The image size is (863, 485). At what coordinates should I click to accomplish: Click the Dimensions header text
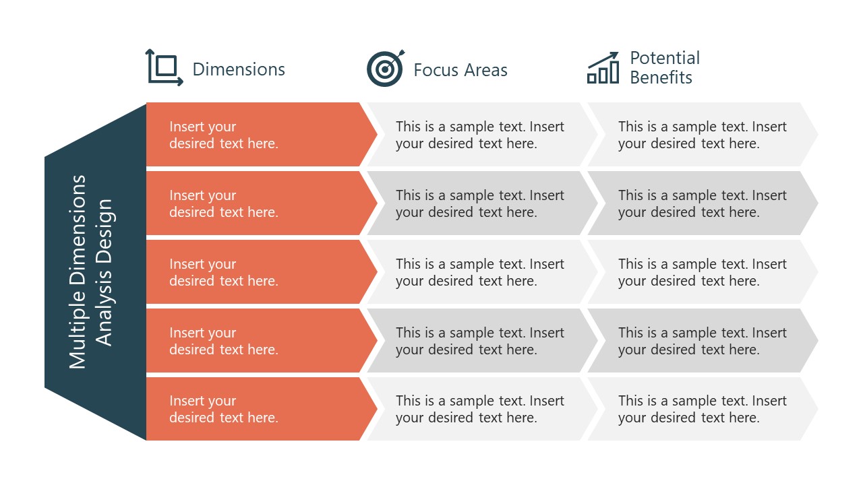(x=239, y=69)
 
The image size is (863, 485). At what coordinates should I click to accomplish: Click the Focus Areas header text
(x=460, y=70)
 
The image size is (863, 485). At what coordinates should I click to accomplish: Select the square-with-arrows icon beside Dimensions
(x=165, y=67)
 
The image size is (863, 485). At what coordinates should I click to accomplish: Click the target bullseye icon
(x=385, y=69)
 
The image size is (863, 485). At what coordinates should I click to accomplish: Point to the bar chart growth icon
(x=603, y=68)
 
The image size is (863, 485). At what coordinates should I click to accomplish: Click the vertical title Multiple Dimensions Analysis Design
(x=92, y=271)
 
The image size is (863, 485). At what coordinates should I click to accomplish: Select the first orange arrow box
(x=256, y=135)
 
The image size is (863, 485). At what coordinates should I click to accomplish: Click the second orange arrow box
(x=256, y=203)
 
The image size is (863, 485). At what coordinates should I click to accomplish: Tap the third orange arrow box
(x=256, y=272)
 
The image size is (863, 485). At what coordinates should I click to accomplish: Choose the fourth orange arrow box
(x=256, y=341)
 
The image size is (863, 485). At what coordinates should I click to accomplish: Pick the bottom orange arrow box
(x=256, y=409)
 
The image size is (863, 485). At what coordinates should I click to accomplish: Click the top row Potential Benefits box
(x=702, y=135)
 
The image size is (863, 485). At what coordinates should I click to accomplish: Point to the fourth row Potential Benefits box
(x=702, y=341)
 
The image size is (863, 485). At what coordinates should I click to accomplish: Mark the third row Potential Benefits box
(x=702, y=272)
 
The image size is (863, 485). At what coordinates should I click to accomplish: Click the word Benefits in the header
(x=661, y=77)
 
